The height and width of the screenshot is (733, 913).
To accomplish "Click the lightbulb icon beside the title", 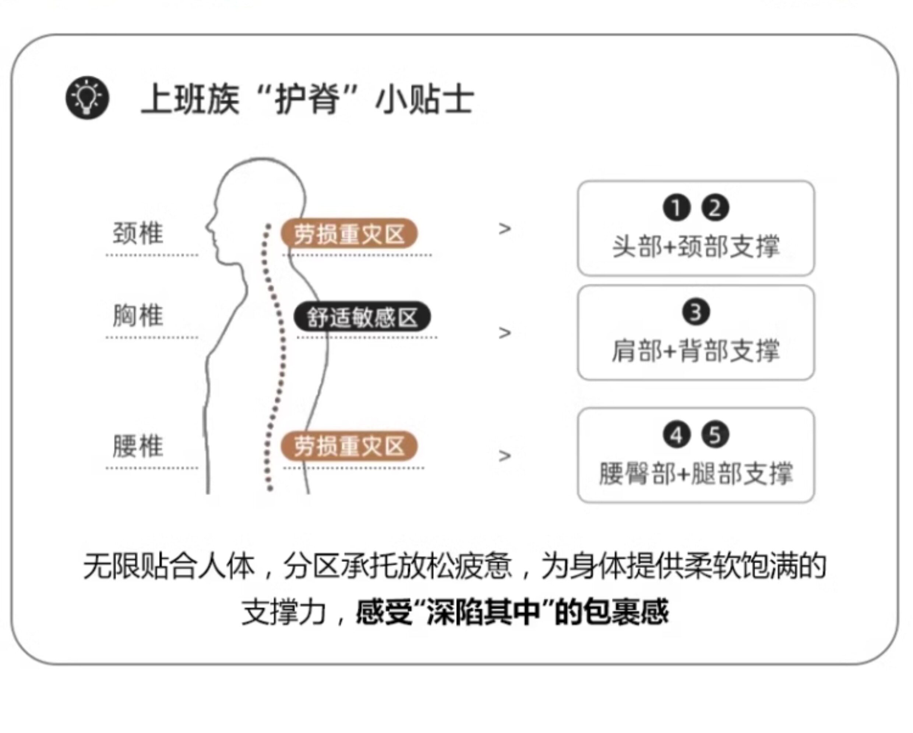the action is point(87,98).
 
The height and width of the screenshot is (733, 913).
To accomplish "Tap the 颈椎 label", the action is point(138,233).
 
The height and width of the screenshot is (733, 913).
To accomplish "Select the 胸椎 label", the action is point(138,316).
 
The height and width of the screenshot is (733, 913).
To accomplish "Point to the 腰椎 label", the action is point(138,446).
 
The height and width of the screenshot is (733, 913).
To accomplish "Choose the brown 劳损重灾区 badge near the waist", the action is point(349,446).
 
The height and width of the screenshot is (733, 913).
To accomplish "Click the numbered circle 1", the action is point(676,208).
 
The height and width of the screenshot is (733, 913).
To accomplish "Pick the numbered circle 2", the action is point(715,208).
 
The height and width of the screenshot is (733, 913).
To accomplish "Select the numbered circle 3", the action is point(696,312).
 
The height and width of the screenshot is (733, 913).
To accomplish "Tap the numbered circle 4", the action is point(676,435).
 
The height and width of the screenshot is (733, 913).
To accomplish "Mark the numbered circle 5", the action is point(715,435).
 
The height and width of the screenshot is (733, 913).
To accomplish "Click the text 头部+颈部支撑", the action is point(696,246).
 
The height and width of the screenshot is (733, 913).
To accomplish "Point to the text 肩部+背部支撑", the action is point(696,351).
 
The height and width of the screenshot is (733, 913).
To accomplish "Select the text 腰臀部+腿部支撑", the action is point(696,473).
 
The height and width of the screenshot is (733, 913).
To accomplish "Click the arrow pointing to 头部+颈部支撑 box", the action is point(504,229).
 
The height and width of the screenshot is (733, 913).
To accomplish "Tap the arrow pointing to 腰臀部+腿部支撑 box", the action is point(504,456).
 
